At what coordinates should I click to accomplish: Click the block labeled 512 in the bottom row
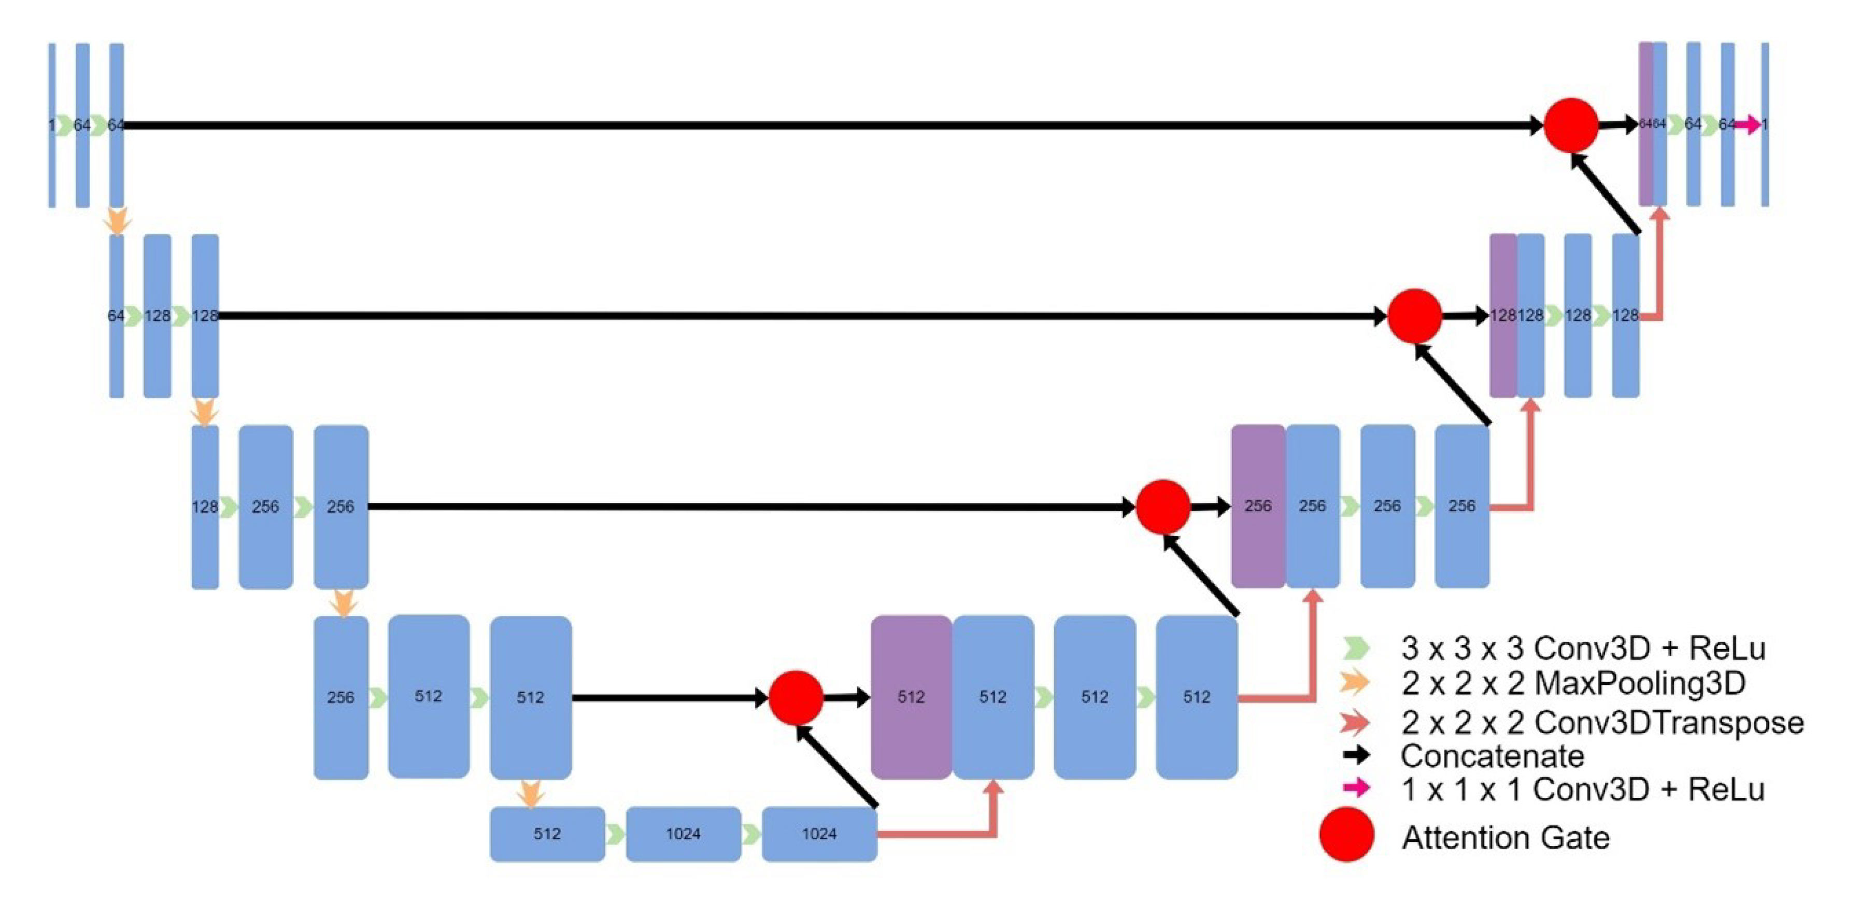(x=547, y=833)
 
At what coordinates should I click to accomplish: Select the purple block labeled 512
(x=911, y=697)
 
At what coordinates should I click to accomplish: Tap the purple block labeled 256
(x=1258, y=506)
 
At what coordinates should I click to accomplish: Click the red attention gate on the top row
(x=1571, y=125)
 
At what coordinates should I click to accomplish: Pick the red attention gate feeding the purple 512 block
(x=796, y=697)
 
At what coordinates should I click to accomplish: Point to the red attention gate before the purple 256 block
(x=1162, y=506)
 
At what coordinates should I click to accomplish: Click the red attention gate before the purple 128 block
(x=1414, y=316)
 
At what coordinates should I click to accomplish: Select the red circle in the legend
(x=1346, y=835)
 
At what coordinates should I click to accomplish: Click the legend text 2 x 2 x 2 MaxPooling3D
(x=1573, y=683)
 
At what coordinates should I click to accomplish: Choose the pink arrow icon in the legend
(x=1356, y=787)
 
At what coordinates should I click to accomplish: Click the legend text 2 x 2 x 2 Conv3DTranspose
(x=1602, y=723)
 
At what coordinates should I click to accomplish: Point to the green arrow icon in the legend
(x=1356, y=647)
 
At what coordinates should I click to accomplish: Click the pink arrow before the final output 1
(x=1748, y=125)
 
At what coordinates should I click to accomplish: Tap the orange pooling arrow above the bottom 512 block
(x=530, y=793)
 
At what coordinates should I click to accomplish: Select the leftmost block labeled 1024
(x=683, y=833)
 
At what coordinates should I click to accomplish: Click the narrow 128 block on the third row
(x=204, y=506)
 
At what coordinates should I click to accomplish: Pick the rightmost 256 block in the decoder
(x=1461, y=506)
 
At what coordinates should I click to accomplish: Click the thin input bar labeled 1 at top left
(x=52, y=125)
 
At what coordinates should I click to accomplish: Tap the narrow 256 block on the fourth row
(x=340, y=697)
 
